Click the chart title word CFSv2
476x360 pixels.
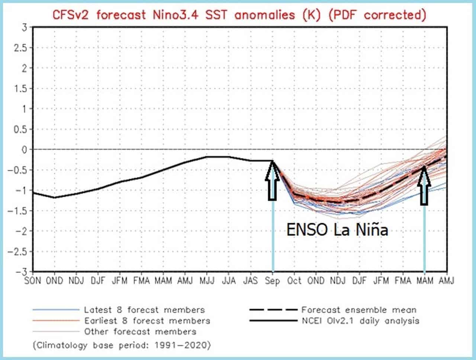[71, 15]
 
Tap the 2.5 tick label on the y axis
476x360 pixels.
[20, 48]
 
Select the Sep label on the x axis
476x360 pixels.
[273, 281]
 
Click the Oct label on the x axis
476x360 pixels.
[294, 281]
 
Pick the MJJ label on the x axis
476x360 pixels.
[207, 281]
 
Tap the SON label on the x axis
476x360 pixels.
[33, 281]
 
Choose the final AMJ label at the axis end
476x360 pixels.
[447, 281]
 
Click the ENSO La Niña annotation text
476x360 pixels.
[337, 230]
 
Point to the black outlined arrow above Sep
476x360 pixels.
[272, 180]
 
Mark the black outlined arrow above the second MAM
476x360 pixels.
[424, 185]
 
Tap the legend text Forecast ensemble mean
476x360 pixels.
[359, 310]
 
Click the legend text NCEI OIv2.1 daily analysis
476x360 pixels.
[360, 321]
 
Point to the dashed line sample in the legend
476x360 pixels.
[273, 310]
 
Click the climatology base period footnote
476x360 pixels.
[122, 345]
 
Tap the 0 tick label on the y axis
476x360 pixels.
[24, 150]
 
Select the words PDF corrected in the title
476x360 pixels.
[377, 15]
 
